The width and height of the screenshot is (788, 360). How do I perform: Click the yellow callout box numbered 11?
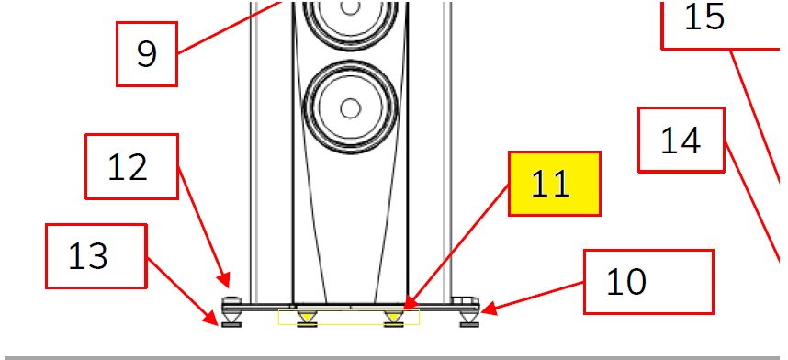click(x=555, y=184)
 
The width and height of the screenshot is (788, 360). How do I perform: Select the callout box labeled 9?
click(x=147, y=54)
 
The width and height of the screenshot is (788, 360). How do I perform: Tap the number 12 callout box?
click(x=131, y=166)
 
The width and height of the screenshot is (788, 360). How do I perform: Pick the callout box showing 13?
click(x=96, y=256)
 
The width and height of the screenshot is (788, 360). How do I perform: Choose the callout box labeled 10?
click(x=648, y=282)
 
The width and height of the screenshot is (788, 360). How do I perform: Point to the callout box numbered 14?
click(x=681, y=140)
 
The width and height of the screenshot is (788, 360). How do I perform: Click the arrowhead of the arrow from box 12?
click(x=225, y=280)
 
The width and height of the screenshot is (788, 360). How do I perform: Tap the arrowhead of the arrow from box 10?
click(x=489, y=309)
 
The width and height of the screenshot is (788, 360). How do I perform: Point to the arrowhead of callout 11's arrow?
click(x=410, y=303)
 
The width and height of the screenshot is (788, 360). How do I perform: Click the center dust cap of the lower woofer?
click(x=350, y=108)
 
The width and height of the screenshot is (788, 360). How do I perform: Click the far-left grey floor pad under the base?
click(x=231, y=325)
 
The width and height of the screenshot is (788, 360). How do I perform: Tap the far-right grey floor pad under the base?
click(x=469, y=325)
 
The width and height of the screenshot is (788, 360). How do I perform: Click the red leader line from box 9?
click(x=229, y=28)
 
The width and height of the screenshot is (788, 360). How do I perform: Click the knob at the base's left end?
click(x=231, y=300)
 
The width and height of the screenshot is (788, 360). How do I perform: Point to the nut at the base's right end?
click(x=466, y=300)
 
